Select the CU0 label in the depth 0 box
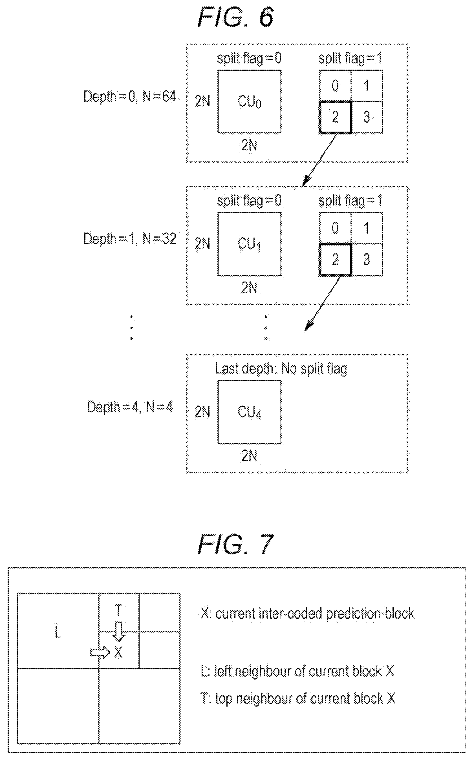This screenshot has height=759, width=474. point(250,102)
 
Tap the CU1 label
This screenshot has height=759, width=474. point(250,244)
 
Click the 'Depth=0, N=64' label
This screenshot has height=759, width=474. point(130,96)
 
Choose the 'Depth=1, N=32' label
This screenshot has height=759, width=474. point(130,239)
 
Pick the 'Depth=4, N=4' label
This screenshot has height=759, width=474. point(130,407)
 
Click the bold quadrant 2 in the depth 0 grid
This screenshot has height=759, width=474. point(335,117)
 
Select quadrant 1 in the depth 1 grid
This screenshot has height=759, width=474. point(367,228)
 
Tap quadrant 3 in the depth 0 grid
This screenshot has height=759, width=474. point(367,117)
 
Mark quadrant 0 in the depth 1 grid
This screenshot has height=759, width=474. point(335,228)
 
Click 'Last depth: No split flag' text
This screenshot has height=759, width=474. point(281,369)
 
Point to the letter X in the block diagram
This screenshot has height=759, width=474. point(118,653)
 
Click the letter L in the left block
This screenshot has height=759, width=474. point(58,632)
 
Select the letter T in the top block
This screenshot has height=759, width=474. point(118,610)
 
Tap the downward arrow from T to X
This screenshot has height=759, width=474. point(119,632)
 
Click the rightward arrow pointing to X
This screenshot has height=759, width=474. point(100,652)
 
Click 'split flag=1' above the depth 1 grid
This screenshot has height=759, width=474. point(350,201)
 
